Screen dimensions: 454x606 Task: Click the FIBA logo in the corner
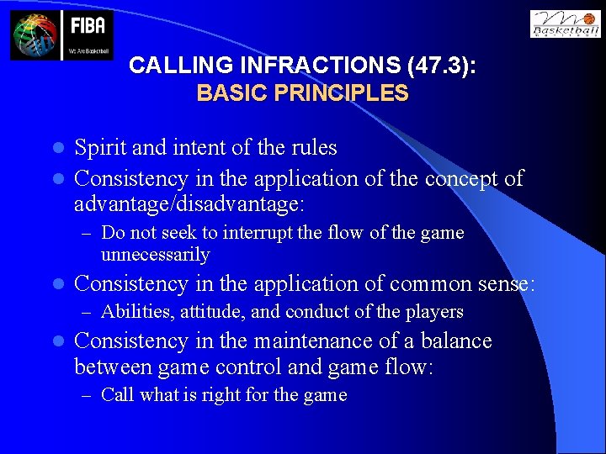tap(61, 35)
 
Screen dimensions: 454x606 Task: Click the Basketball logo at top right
tap(566, 24)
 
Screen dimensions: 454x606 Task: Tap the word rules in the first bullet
tap(313, 148)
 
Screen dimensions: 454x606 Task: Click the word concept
tap(460, 178)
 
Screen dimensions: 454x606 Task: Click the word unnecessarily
tap(155, 254)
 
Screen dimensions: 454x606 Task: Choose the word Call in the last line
tap(117, 395)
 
